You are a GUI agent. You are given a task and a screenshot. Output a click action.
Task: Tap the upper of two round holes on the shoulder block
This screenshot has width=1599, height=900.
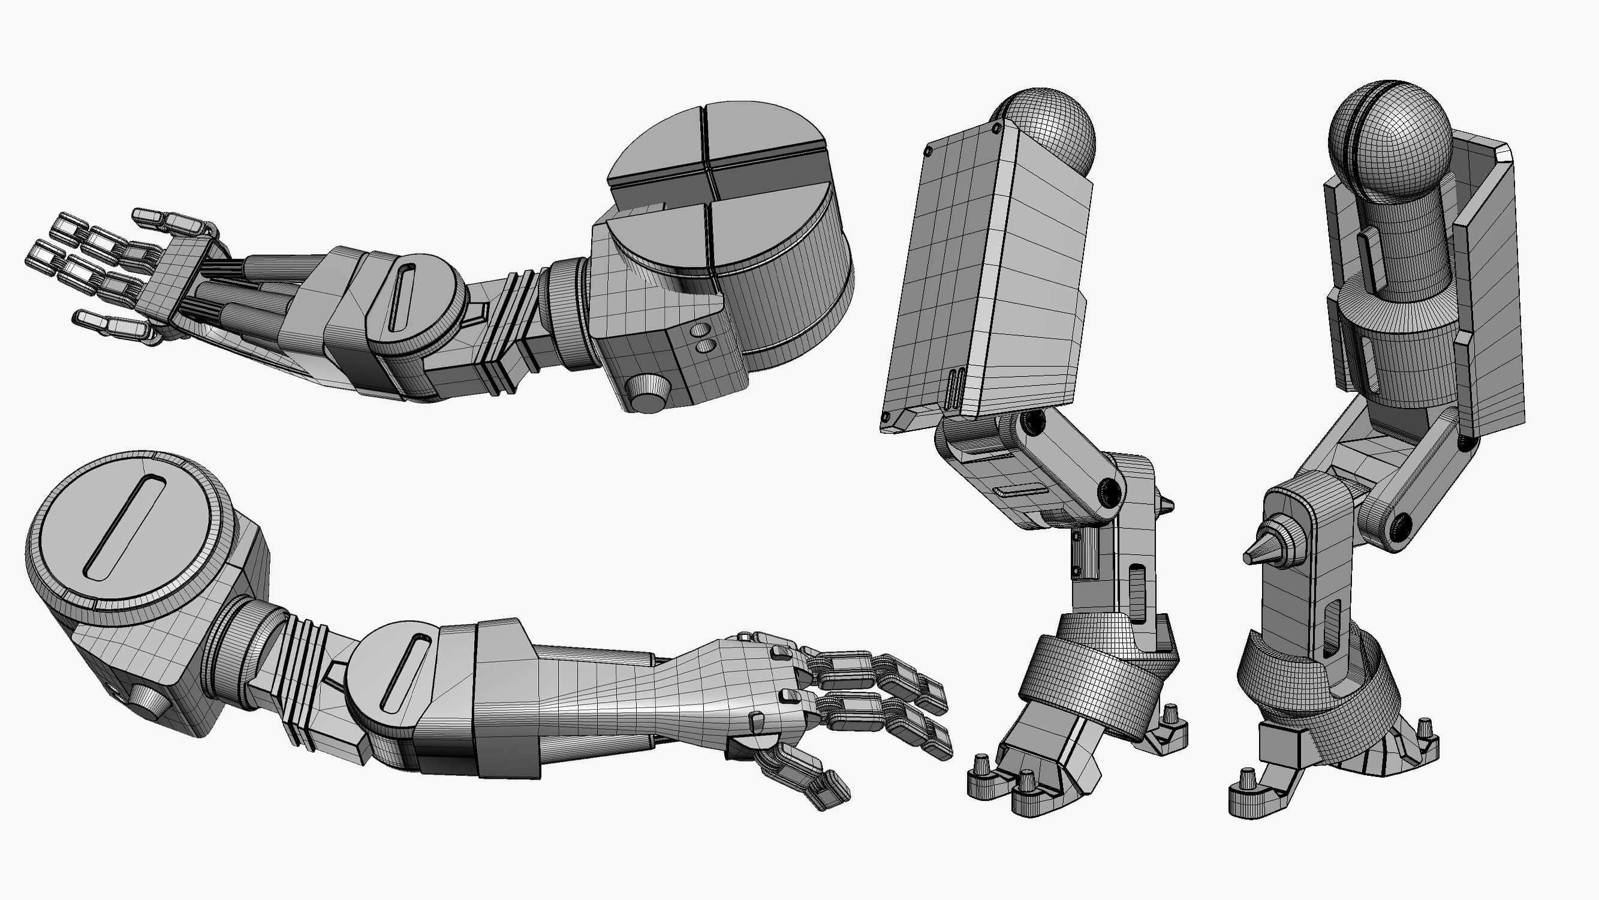click(x=700, y=329)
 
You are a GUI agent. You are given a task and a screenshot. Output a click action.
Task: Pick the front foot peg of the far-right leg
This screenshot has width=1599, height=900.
click(x=1248, y=783)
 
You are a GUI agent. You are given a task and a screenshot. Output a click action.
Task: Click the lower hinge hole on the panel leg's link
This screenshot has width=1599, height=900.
click(x=1108, y=493)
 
